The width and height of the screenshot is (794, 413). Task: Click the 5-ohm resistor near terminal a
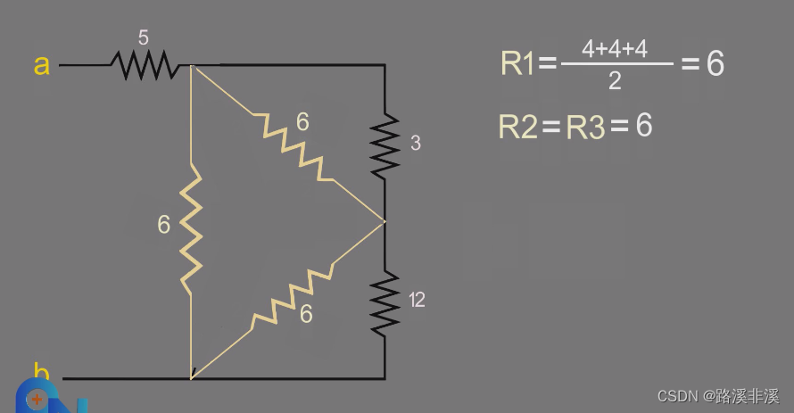click(143, 64)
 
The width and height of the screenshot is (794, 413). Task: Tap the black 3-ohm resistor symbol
click(385, 143)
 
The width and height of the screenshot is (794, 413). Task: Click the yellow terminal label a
click(41, 64)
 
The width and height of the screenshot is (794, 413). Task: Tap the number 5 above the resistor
click(144, 37)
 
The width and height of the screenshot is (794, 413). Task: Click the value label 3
click(416, 144)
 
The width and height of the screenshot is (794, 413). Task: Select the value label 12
click(417, 301)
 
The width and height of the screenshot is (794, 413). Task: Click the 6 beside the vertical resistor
click(163, 225)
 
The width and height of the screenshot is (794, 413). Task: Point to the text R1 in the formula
click(518, 63)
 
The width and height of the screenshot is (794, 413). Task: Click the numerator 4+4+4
click(615, 49)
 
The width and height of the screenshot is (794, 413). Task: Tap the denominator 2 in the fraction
click(615, 81)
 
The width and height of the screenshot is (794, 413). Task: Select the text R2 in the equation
click(517, 127)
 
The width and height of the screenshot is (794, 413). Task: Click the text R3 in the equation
click(585, 127)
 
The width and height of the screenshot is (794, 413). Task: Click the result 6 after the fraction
click(715, 63)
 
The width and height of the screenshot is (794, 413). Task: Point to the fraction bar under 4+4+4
click(616, 64)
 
